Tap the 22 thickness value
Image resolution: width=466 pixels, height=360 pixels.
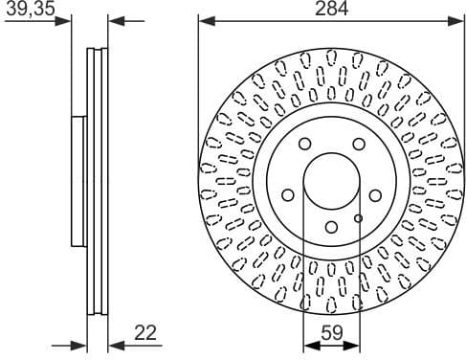(x=144, y=333)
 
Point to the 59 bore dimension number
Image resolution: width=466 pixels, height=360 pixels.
(x=332, y=333)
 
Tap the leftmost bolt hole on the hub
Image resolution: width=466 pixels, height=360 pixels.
(x=288, y=195)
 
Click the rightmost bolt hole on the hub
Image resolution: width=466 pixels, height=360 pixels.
(x=375, y=195)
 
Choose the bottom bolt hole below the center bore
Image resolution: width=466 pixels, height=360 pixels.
(x=331, y=227)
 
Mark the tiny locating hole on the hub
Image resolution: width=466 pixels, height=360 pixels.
(x=358, y=218)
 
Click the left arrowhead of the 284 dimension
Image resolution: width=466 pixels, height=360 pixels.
(x=205, y=19)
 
